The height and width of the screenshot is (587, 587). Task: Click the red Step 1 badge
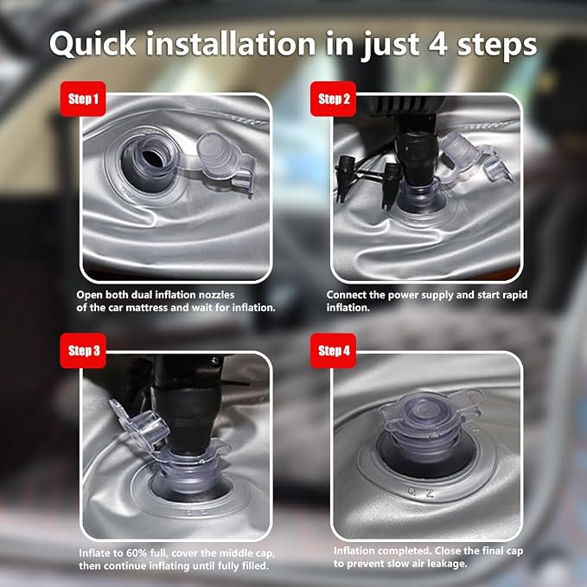coord(83,99)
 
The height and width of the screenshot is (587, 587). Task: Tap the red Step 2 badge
coord(333,99)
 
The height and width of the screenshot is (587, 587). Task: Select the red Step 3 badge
coord(83,351)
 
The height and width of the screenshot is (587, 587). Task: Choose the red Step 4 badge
coord(333,351)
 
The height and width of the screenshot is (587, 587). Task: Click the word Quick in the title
coord(93,44)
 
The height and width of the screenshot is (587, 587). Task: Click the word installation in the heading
coord(231,43)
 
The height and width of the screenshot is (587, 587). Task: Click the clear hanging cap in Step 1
coord(225,161)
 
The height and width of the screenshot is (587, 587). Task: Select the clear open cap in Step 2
coord(475,157)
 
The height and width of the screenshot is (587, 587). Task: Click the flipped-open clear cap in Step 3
coord(139,427)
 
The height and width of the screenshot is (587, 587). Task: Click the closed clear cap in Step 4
coord(431,416)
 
